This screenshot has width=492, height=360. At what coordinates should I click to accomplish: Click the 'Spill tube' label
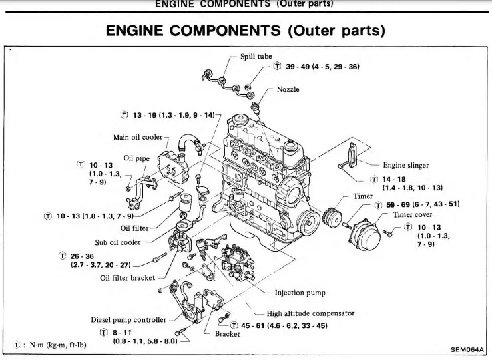[256, 56]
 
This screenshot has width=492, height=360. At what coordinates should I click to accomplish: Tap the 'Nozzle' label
[288, 89]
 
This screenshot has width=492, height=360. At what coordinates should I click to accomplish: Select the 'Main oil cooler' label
[137, 138]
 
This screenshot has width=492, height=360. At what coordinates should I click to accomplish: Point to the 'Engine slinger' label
[405, 165]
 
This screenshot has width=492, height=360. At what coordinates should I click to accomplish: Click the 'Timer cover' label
[412, 215]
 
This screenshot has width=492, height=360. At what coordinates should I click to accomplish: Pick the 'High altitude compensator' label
[310, 313]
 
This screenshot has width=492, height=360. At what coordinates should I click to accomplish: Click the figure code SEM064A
[465, 349]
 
